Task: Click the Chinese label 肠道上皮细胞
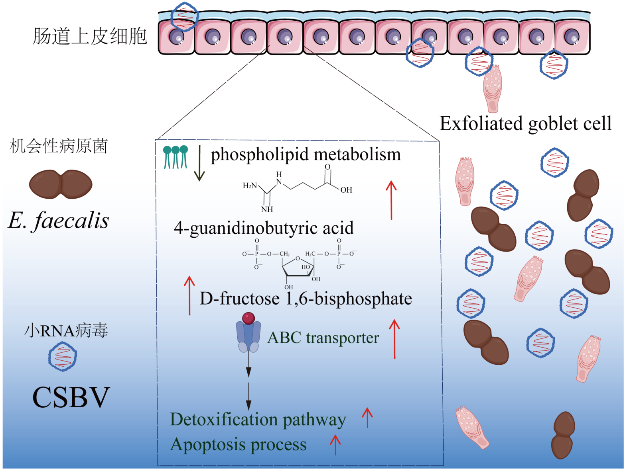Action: (x=90, y=36)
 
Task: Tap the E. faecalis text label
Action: (x=59, y=220)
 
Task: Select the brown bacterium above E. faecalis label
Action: (x=61, y=184)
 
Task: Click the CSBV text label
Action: (x=71, y=397)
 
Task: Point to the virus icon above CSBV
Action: (x=63, y=356)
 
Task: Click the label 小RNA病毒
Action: (x=66, y=330)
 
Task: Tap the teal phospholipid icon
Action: (x=175, y=157)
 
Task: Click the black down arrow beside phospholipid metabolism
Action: (x=199, y=163)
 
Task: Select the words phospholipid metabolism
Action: (x=306, y=154)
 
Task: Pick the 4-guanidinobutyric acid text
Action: (x=264, y=228)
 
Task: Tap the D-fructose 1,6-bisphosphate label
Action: (x=306, y=299)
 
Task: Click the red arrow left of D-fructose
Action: (x=189, y=295)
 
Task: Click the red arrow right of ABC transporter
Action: (x=394, y=339)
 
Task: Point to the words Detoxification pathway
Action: (x=258, y=420)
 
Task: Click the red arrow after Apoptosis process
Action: (x=335, y=445)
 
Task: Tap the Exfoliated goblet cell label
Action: (x=525, y=124)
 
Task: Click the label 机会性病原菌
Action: (x=59, y=146)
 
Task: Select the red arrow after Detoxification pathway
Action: (x=367, y=418)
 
